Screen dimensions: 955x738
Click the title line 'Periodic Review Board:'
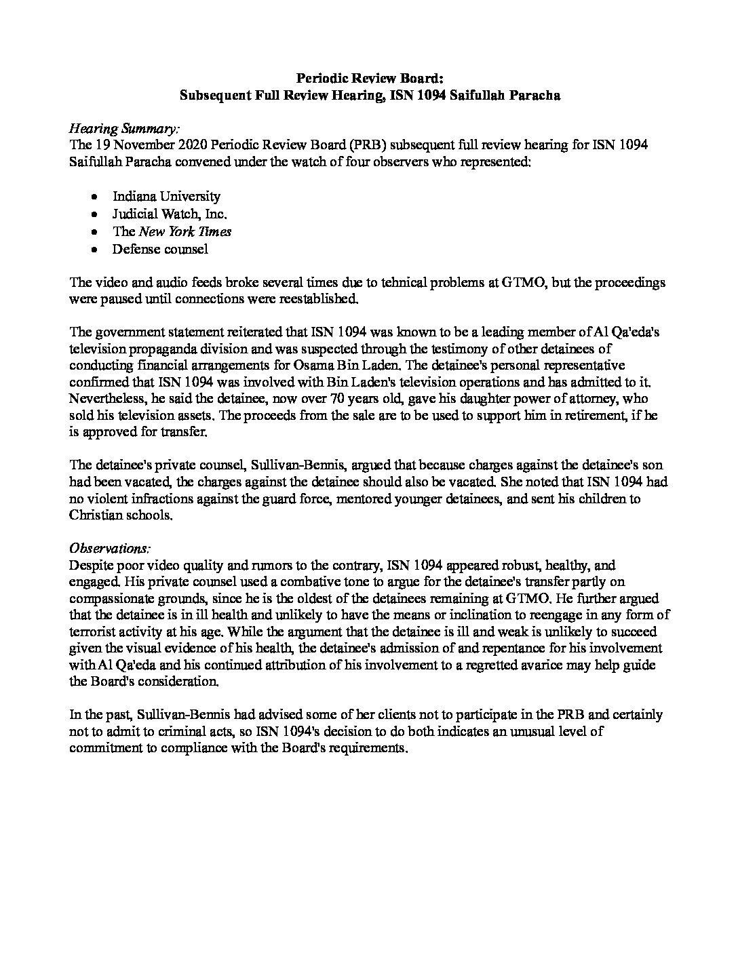pos(368,79)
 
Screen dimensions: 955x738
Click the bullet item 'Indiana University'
pos(166,196)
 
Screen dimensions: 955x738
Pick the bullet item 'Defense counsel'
pos(160,249)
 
